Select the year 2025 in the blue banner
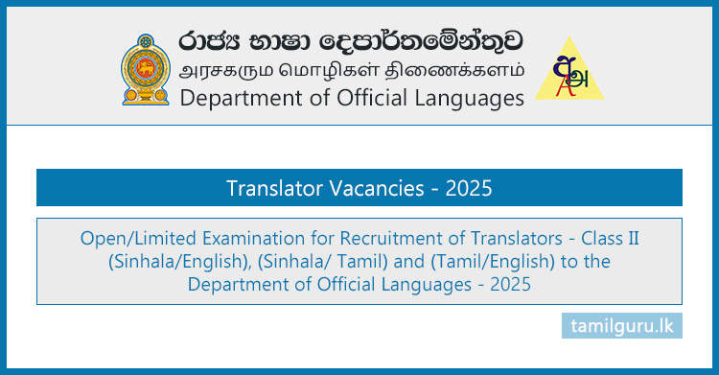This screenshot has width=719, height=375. click(468, 188)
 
